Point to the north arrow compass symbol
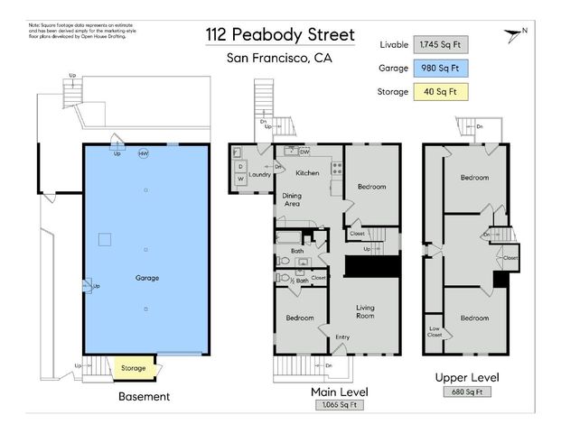(x=516, y=35)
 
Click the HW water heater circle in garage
(x=143, y=153)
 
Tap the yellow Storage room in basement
(x=134, y=368)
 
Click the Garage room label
(x=147, y=278)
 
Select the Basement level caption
(x=145, y=397)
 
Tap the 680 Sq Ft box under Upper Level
(x=467, y=392)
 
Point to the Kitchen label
(x=308, y=172)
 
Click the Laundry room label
(x=261, y=175)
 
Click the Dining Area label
(x=292, y=200)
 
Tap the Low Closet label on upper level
(x=435, y=330)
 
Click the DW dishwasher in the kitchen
(x=305, y=152)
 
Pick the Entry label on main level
(x=343, y=337)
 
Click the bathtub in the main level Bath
(x=290, y=239)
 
